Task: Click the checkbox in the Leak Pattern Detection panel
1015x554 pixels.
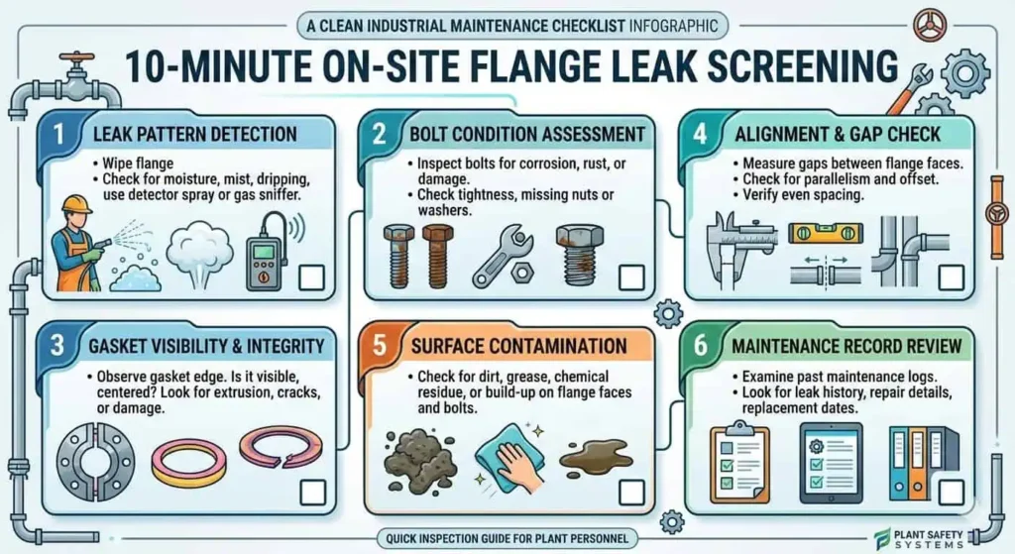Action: tap(310, 277)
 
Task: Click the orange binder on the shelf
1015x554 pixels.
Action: tap(917, 466)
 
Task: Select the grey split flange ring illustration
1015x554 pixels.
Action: tap(96, 464)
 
